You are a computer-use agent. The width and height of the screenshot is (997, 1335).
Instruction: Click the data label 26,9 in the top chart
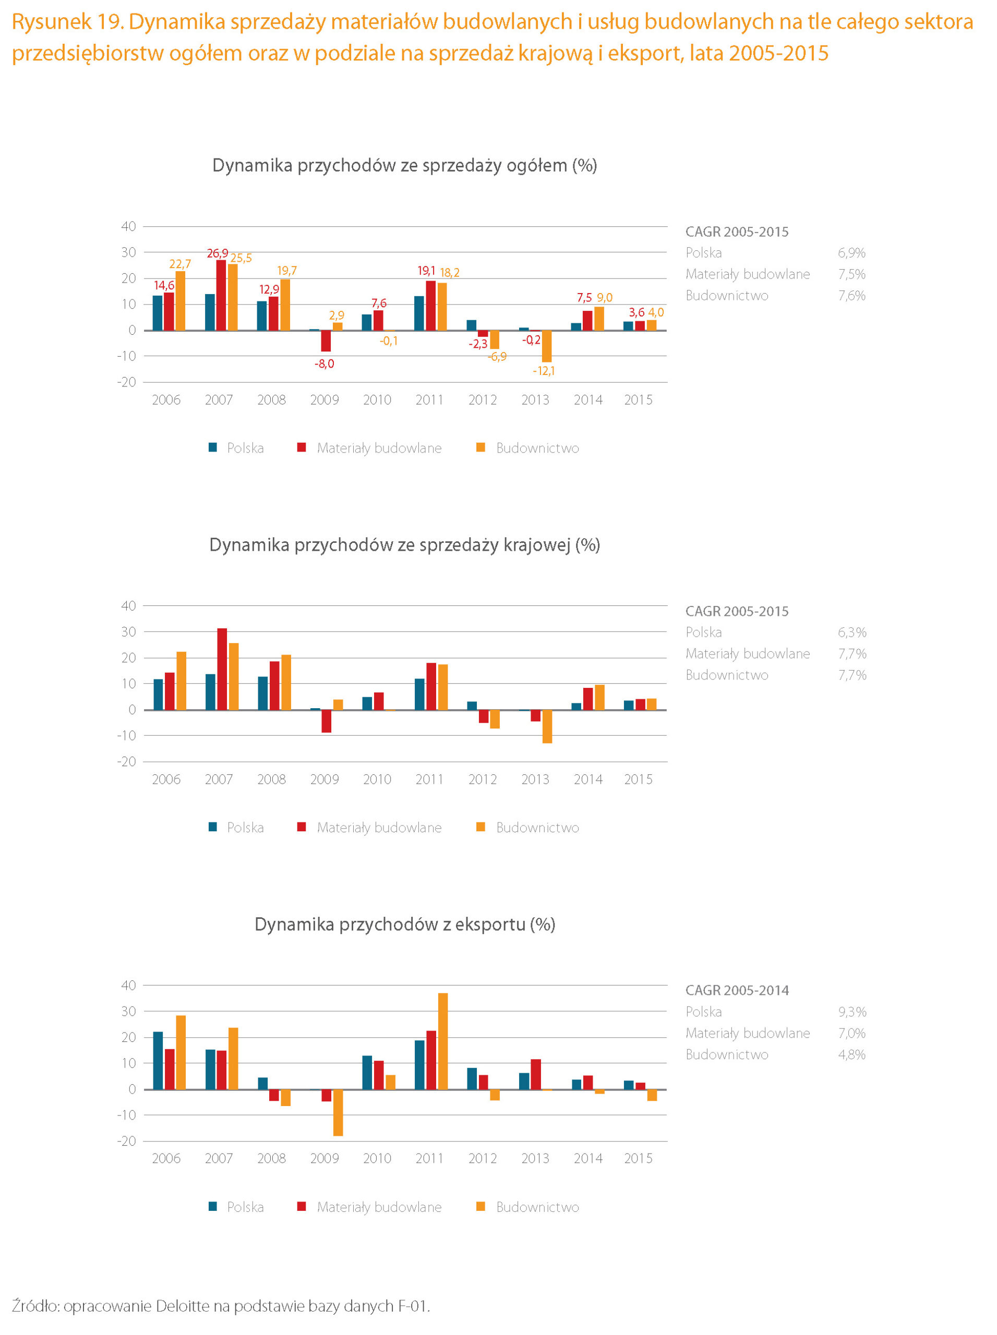(x=217, y=253)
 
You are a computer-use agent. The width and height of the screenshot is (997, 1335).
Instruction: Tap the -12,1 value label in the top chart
(x=544, y=371)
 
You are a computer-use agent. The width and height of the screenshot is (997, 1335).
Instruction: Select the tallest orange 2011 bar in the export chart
(x=443, y=1042)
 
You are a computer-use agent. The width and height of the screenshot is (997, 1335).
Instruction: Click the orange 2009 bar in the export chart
(x=338, y=1113)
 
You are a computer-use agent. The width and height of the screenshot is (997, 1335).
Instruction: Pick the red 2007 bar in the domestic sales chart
(x=222, y=669)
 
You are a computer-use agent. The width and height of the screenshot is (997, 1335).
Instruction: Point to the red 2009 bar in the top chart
(x=326, y=341)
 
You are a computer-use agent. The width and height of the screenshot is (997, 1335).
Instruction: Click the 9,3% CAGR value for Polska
(x=851, y=1012)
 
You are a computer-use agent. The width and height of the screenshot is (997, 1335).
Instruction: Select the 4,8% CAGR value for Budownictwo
(x=851, y=1054)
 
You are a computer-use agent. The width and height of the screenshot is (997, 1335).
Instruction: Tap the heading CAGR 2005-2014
(x=737, y=990)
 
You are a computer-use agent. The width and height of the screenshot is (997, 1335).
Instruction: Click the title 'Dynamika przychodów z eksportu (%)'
(x=405, y=924)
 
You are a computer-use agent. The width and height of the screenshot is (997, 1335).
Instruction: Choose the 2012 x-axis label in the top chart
(x=482, y=400)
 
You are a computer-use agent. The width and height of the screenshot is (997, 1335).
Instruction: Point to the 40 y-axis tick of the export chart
(x=128, y=985)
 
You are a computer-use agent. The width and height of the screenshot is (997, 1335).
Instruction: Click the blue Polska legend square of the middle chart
(x=213, y=827)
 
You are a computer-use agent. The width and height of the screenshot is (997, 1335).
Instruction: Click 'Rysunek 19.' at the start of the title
(x=68, y=22)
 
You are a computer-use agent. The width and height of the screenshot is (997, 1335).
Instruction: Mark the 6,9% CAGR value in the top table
(x=851, y=253)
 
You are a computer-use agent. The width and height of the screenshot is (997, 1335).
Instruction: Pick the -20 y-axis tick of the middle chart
(x=127, y=761)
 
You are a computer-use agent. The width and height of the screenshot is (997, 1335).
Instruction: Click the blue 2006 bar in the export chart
(x=158, y=1061)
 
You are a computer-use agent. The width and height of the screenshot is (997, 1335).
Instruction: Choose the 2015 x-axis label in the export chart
(x=638, y=1158)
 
